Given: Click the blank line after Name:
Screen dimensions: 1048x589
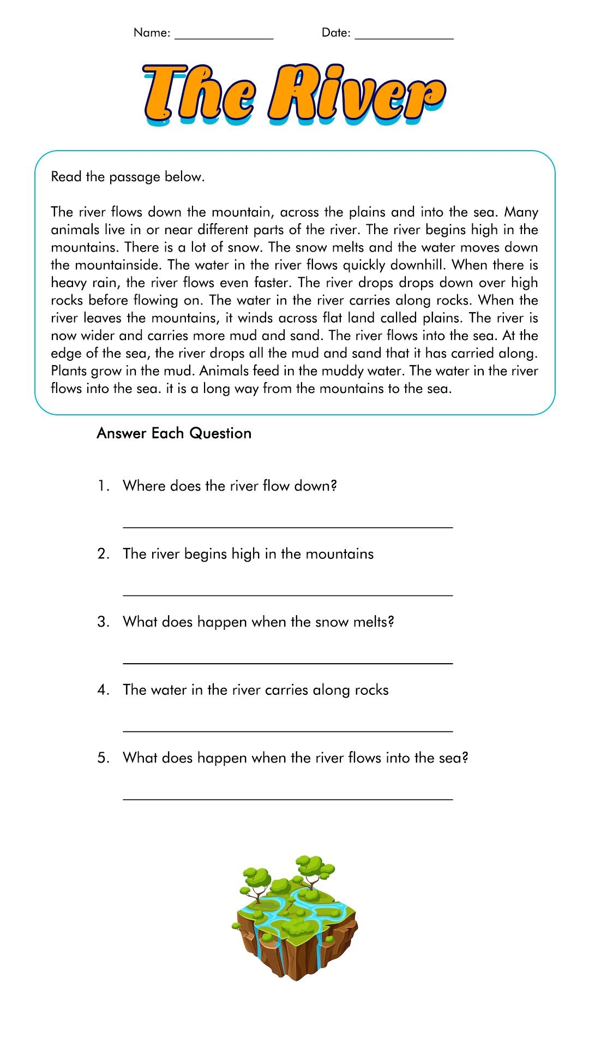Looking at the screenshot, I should (224, 37).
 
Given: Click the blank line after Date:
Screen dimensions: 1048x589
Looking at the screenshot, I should (404, 37).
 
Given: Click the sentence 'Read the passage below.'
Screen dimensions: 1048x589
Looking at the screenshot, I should (128, 177).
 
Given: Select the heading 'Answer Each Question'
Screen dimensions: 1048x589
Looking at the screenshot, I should (174, 433).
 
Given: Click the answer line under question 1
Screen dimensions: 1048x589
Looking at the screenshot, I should (288, 526).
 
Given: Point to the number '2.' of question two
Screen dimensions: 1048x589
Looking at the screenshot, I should (104, 554).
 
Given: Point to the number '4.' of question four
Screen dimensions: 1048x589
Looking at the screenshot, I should (104, 690).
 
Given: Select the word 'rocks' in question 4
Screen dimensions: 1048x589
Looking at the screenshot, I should (371, 690).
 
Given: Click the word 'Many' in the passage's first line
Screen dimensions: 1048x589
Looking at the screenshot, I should (521, 212).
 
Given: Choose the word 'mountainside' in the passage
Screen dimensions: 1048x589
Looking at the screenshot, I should (117, 265).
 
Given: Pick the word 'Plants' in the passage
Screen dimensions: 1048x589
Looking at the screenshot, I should (69, 371).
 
